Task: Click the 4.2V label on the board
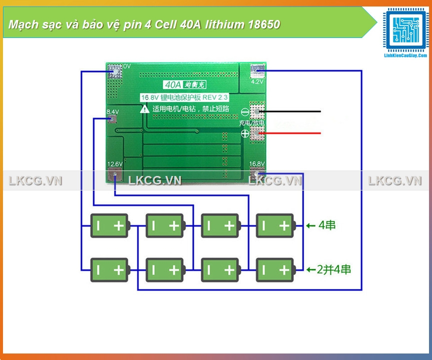pyautogui.click(x=258, y=81)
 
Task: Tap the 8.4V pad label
pyautogui.click(x=112, y=111)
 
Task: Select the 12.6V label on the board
pyautogui.click(x=115, y=164)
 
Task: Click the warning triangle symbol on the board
pyautogui.click(x=145, y=108)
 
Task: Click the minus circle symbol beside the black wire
pyautogui.click(x=245, y=112)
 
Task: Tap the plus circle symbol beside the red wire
pyautogui.click(x=245, y=133)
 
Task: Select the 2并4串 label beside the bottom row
pyautogui.click(x=334, y=269)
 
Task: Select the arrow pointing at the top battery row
pyautogui.click(x=311, y=226)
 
